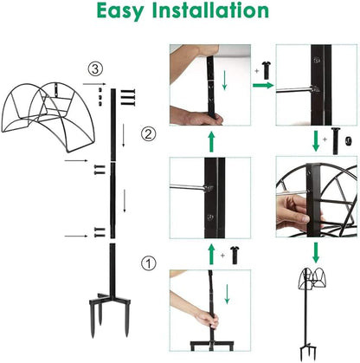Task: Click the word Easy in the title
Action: tap(127, 12)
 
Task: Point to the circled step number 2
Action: tap(149, 134)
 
